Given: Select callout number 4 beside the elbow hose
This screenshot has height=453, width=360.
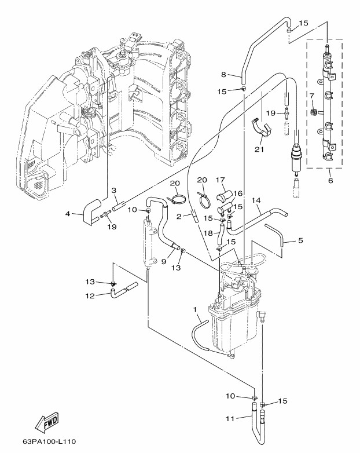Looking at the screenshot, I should click(x=68, y=214).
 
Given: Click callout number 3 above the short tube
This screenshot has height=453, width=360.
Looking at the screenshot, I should click(x=114, y=191).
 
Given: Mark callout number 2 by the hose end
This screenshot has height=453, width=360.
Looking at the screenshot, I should click(x=179, y=216).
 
